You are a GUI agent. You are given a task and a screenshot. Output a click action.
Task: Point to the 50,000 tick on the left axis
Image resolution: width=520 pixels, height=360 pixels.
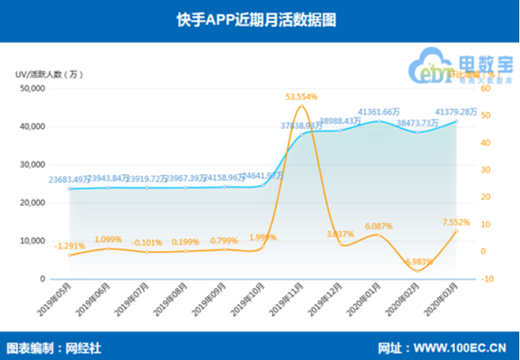(x=33, y=89)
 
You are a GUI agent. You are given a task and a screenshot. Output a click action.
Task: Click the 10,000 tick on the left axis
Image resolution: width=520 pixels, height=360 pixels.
(x=33, y=241)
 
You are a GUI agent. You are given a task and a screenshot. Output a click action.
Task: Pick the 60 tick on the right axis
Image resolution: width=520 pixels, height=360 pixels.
(x=486, y=89)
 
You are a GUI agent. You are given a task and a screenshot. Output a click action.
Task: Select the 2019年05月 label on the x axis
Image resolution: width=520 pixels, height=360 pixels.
(x=57, y=300)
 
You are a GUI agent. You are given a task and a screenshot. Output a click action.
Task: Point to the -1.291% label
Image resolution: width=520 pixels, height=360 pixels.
(x=70, y=246)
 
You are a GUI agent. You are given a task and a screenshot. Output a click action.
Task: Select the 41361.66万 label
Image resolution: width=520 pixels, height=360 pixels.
(x=378, y=111)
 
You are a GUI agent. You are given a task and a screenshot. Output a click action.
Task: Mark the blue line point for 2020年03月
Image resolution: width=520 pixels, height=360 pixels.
(x=456, y=121)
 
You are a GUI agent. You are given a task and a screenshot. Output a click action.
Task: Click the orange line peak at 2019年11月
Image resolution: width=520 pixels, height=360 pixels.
(x=301, y=106)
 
